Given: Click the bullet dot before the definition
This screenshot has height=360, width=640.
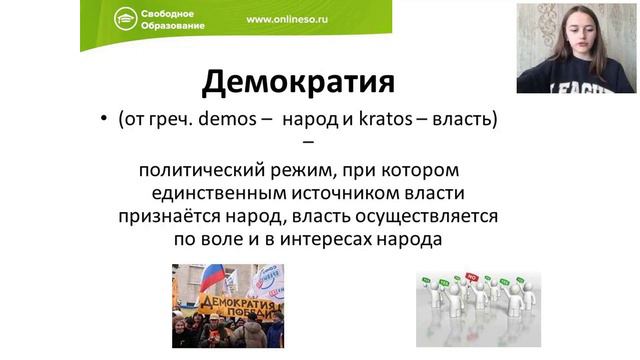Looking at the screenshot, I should (x=103, y=120).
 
